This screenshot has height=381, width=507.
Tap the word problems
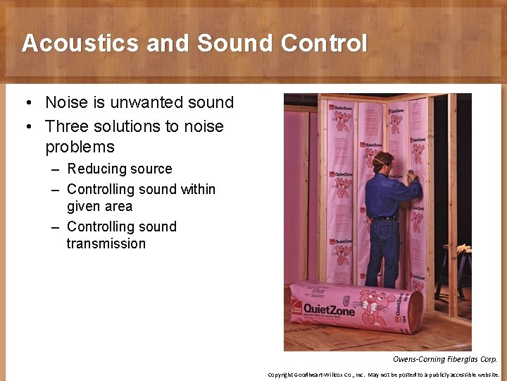80,147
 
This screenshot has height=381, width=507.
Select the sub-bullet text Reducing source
119,169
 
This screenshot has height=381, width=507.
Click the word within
198,189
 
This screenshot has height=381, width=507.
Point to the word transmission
106,243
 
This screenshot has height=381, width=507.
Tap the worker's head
383,160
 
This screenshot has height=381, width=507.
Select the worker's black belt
383,219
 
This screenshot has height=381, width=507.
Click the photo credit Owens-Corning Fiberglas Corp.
444,360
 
